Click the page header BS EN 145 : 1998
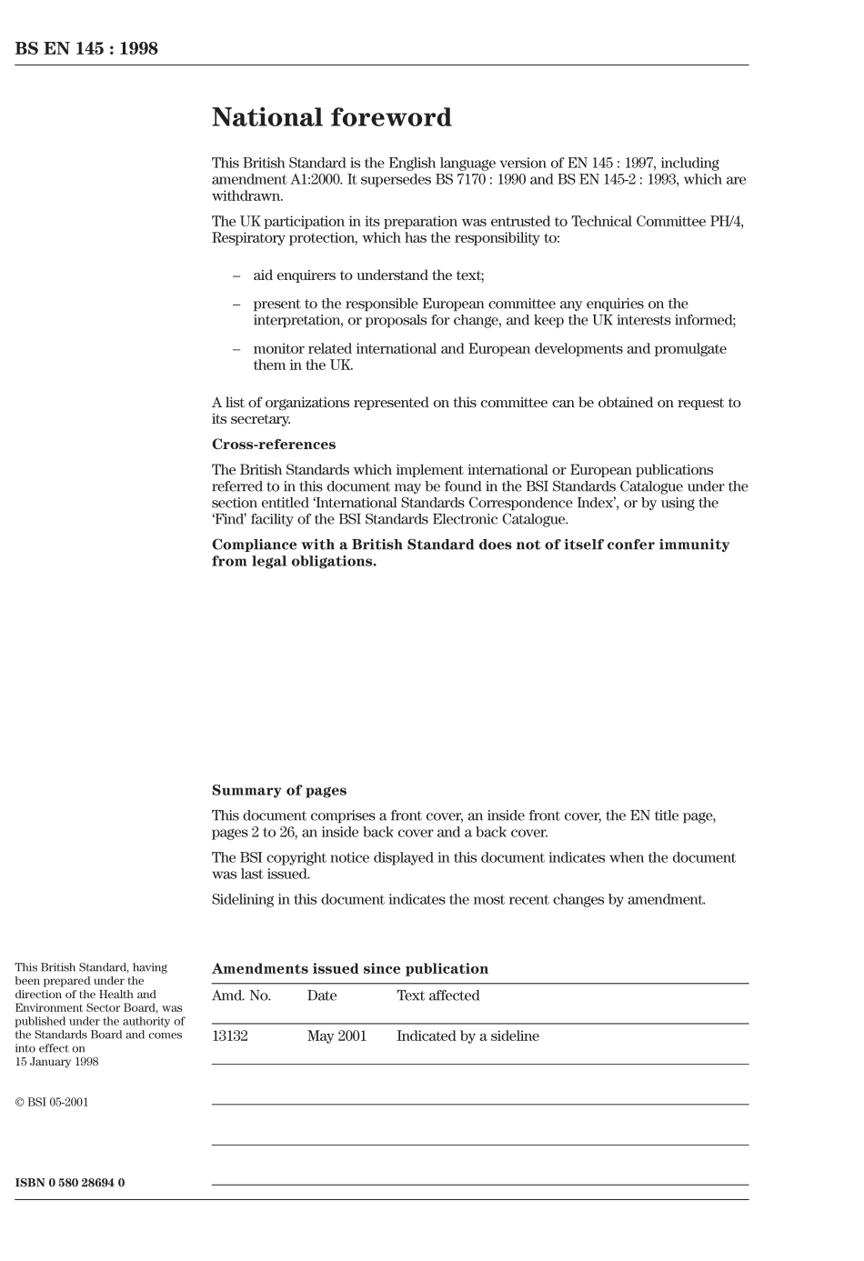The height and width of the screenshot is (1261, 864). click(x=86, y=49)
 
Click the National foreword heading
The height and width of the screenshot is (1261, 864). click(x=331, y=117)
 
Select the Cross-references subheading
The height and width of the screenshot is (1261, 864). click(x=273, y=445)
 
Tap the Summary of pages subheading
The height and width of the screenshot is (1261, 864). click(x=278, y=791)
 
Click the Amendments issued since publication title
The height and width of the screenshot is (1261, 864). click(x=349, y=969)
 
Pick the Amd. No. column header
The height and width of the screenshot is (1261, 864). click(x=241, y=996)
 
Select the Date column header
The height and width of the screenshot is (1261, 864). click(x=321, y=996)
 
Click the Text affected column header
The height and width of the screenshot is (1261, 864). click(x=437, y=996)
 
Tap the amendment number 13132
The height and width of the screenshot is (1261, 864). click(x=229, y=1036)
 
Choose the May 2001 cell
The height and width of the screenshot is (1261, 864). click(x=337, y=1036)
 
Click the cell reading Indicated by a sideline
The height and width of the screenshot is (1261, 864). click(x=467, y=1036)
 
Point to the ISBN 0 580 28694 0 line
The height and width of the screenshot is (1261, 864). click(x=70, y=1183)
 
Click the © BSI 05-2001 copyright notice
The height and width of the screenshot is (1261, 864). click(x=52, y=1103)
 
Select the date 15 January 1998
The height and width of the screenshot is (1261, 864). click(x=56, y=1061)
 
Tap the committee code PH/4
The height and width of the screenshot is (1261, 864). click(x=726, y=222)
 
